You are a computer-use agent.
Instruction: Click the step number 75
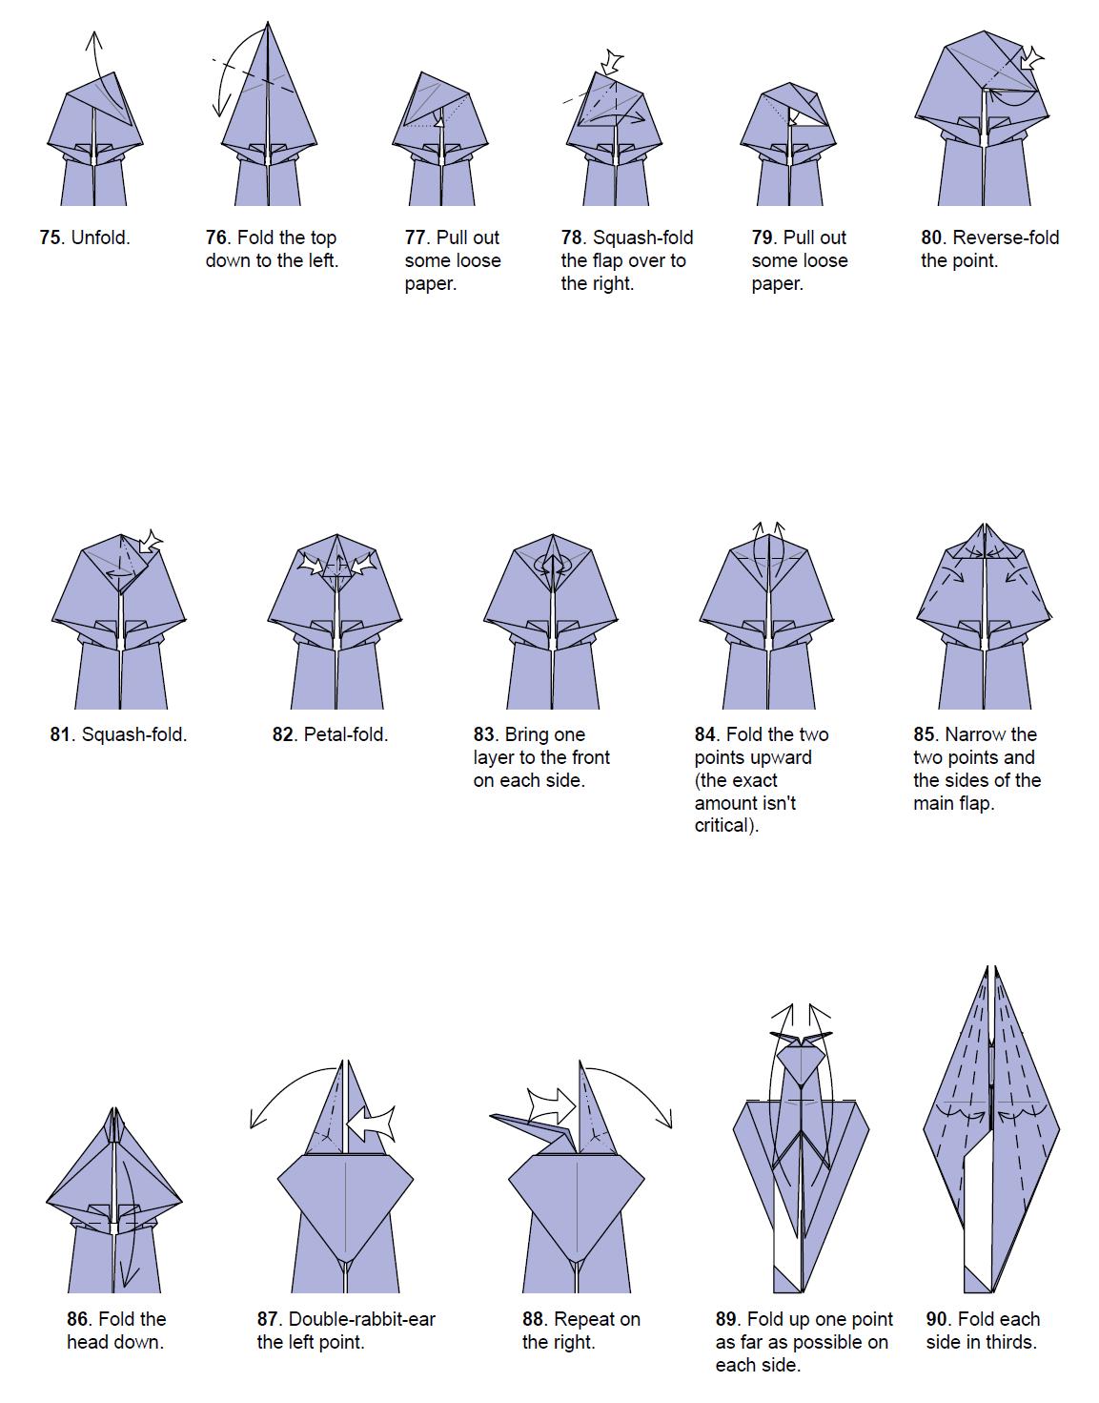click(50, 237)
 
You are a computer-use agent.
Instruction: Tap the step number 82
click(283, 734)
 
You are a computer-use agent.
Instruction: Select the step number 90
click(938, 1319)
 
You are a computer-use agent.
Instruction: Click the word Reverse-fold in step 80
click(1006, 237)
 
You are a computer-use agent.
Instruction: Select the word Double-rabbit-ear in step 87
click(361, 1319)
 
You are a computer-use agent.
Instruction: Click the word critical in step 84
click(724, 826)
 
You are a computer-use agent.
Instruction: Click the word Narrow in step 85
click(975, 734)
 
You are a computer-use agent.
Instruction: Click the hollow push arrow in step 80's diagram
click(1031, 59)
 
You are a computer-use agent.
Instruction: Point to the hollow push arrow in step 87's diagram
click(371, 1124)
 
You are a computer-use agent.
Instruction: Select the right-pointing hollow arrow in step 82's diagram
click(311, 565)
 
